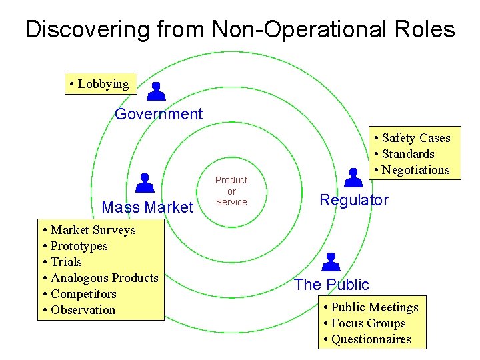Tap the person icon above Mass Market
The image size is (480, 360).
145,183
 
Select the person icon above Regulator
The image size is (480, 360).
353,177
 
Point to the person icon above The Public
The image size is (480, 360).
331,261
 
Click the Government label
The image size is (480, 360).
159,114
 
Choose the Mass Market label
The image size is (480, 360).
147,207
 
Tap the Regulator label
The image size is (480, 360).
354,200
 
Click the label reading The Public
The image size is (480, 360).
331,285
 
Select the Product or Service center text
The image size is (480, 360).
231,191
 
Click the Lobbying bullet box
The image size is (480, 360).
101,84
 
